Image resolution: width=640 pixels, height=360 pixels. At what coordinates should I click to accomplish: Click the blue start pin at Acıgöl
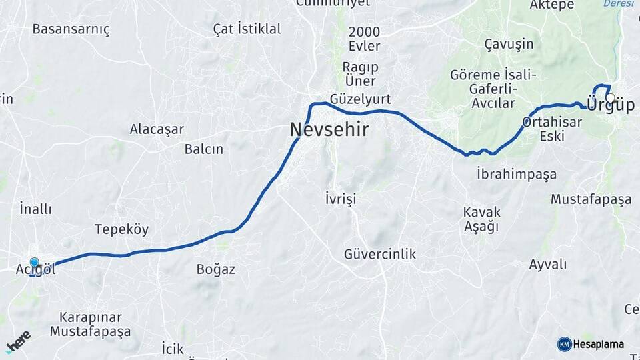tap(34, 264)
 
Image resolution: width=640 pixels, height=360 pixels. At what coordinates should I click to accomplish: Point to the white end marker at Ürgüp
tap(610, 98)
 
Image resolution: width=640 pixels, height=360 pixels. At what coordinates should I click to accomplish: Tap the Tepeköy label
tap(121, 229)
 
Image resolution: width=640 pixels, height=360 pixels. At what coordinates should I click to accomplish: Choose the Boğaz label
tap(215, 269)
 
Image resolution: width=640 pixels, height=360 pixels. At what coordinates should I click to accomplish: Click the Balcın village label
tap(203, 149)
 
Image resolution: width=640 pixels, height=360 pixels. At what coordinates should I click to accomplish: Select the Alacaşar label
tap(157, 129)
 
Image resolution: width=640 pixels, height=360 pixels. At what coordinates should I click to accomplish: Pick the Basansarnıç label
tap(71, 29)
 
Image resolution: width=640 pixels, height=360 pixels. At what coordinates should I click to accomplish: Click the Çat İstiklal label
tap(247, 29)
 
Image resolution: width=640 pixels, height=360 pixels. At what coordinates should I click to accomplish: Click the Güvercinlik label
tap(380, 253)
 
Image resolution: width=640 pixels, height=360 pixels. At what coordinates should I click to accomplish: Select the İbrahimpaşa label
tap(517, 174)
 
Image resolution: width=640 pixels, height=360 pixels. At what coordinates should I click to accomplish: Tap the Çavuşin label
tap(509, 44)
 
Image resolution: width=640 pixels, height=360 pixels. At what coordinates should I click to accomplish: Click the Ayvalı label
tap(547, 264)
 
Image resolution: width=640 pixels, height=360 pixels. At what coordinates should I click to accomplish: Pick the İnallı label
tap(35, 208)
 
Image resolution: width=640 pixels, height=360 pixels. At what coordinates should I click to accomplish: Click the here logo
tap(18, 341)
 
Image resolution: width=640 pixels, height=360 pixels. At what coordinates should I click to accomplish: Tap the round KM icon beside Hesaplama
tap(564, 344)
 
